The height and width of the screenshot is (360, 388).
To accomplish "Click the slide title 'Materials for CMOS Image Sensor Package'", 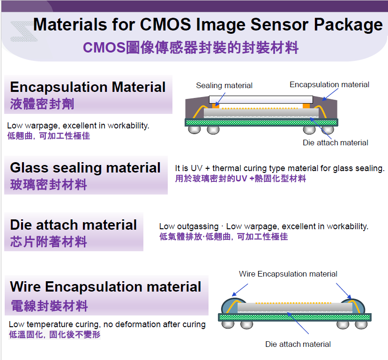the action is pyautogui.click(x=208, y=24).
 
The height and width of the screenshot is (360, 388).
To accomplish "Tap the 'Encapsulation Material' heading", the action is pyautogui.click(x=88, y=87).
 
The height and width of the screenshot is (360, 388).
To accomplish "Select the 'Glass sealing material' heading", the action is pyautogui.click(x=85, y=168).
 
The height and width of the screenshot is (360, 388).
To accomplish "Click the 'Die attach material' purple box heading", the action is pyautogui.click(x=74, y=225).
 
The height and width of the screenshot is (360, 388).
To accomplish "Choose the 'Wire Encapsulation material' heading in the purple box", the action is pyautogui.click(x=105, y=287).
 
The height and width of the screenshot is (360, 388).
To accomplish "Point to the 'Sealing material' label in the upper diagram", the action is pyautogui.click(x=224, y=85).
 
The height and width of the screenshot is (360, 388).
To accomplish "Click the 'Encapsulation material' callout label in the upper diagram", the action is pyautogui.click(x=329, y=84).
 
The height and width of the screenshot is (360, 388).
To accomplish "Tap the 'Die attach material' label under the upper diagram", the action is pyautogui.click(x=336, y=142).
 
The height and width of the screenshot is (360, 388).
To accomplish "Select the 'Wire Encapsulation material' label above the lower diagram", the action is pyautogui.click(x=288, y=274).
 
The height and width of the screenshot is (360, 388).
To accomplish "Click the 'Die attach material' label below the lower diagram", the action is pyautogui.click(x=298, y=344).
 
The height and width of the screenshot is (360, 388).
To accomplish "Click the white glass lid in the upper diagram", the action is pyautogui.click(x=261, y=99).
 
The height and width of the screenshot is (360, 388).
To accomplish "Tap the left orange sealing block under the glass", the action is pyautogui.click(x=216, y=106).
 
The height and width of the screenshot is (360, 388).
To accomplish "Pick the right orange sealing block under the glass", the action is pyautogui.click(x=306, y=106).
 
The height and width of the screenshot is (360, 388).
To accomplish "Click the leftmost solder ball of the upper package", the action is pyautogui.click(x=194, y=129).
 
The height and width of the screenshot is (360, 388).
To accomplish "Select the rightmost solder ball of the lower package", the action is pyautogui.click(x=361, y=324).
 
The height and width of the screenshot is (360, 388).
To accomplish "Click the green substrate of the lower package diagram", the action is pyautogui.click(x=295, y=317).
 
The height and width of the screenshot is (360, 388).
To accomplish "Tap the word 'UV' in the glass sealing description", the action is pyautogui.click(x=197, y=168).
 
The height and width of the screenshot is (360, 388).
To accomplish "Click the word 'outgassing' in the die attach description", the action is pyautogui.click(x=198, y=226).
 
